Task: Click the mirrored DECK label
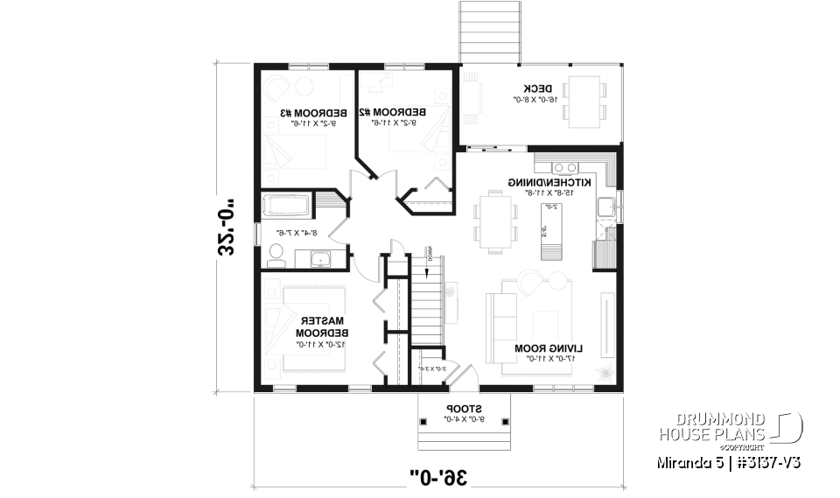[x=536, y=88]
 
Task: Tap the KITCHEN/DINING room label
[x=549, y=182]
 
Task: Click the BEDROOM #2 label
[x=404, y=112]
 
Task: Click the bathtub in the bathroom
[x=287, y=207]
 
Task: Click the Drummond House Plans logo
[x=731, y=428]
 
